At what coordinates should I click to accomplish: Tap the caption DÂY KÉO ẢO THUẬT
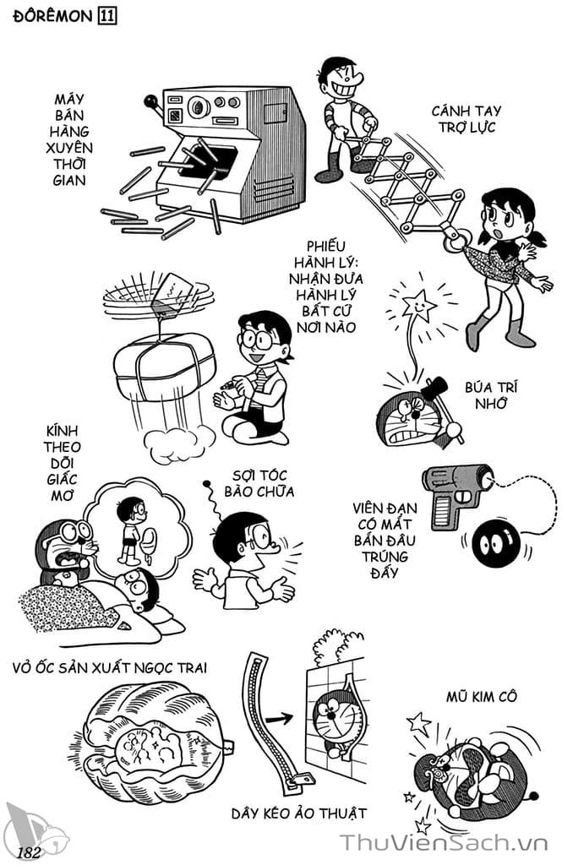299,813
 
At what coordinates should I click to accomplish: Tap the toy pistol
456,492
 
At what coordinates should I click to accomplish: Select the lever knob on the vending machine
151,102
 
